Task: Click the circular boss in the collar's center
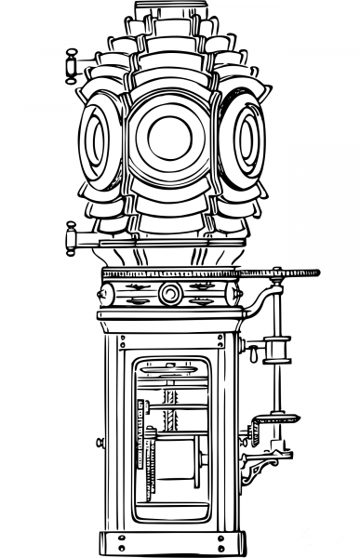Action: [x=169, y=294]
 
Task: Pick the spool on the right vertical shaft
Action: [x=276, y=351]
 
